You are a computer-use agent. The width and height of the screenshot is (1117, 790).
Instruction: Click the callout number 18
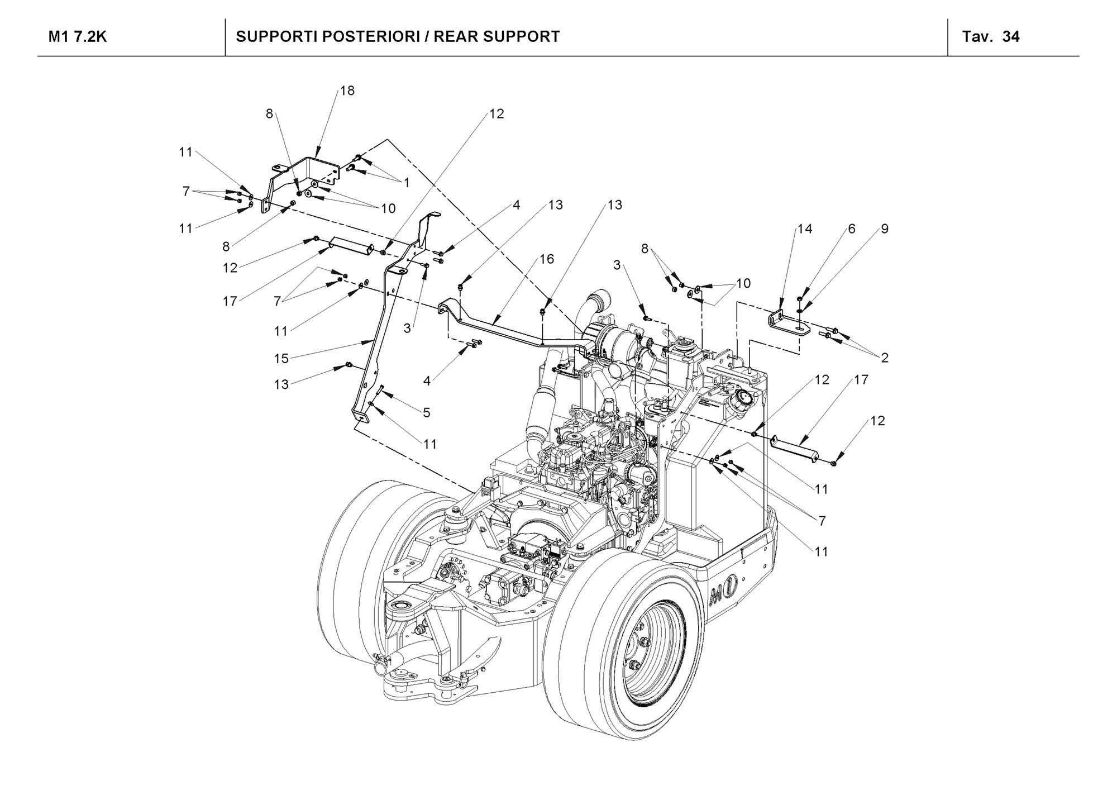[347, 91]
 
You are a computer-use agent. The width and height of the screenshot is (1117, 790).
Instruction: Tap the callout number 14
[805, 229]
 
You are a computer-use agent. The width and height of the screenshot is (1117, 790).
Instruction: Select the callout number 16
[547, 259]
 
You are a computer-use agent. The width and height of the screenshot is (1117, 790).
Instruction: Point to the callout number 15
[281, 358]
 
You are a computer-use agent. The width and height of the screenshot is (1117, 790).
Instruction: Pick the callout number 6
[852, 229]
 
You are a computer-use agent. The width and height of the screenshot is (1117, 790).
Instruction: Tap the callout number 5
[427, 413]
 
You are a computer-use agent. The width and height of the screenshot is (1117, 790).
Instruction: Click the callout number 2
[885, 358]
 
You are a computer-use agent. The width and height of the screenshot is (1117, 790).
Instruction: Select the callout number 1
[407, 183]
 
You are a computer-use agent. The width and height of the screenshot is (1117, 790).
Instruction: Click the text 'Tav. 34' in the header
[991, 37]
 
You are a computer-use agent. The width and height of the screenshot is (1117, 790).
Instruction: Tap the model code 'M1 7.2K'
[78, 37]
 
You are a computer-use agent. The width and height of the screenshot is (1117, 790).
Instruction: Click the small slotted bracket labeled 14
[786, 323]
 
